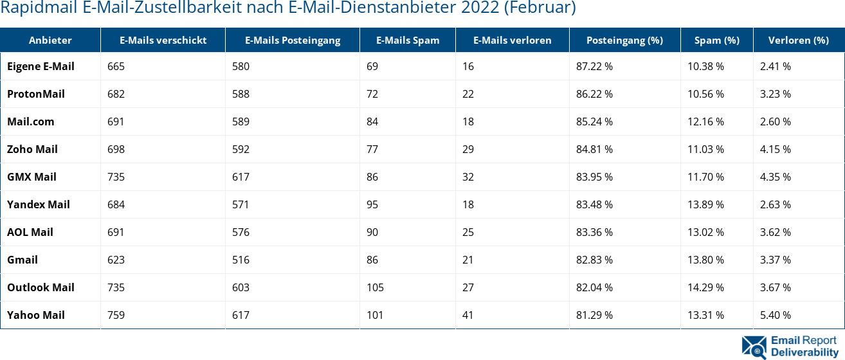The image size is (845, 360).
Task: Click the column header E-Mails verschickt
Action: [x=163, y=40]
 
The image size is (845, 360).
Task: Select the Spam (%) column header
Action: [x=716, y=40]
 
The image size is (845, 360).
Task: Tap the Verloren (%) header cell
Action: [x=798, y=40]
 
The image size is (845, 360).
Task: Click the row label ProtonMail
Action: [x=36, y=94]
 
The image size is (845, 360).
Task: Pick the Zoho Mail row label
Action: [x=32, y=149]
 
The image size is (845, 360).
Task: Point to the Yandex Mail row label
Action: [x=39, y=204]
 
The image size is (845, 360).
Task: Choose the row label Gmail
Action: [x=23, y=260]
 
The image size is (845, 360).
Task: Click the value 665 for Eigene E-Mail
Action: [x=116, y=66]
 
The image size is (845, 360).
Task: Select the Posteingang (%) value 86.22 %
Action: [x=594, y=94]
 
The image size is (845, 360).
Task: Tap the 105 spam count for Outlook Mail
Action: [x=375, y=287]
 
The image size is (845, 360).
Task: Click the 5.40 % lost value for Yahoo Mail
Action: [x=775, y=315]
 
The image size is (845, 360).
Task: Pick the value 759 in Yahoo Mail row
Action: [x=116, y=315]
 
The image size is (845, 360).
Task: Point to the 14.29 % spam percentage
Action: [x=705, y=287]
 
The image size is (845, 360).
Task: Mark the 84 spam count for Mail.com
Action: [x=372, y=122]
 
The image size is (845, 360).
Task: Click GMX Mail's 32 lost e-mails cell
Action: [x=468, y=177]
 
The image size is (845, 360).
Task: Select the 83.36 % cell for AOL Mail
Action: [x=594, y=232]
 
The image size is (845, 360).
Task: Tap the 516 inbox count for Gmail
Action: [x=241, y=260]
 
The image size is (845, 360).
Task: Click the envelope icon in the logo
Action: [x=754, y=346]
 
